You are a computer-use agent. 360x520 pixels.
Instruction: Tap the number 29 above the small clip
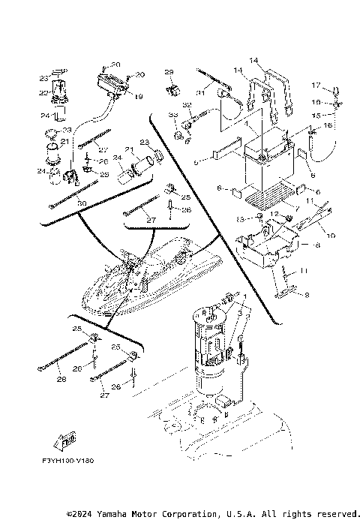pos(169,71)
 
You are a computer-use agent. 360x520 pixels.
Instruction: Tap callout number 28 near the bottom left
pos(61,380)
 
